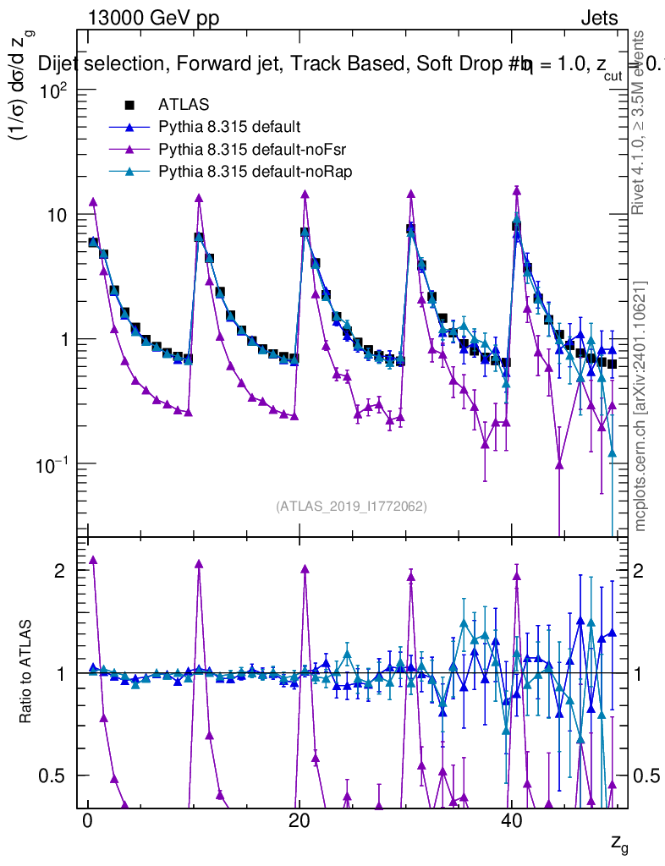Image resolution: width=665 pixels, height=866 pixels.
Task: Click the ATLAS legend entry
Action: (x=182, y=106)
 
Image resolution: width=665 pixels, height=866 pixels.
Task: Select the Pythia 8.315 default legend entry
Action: (x=228, y=128)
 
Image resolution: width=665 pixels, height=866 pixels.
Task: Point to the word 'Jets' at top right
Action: (x=598, y=18)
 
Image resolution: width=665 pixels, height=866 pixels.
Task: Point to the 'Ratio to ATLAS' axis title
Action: (x=27, y=672)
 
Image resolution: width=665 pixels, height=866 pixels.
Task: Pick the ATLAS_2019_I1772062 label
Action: (x=351, y=507)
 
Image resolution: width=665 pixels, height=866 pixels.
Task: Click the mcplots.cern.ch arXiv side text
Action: (x=641, y=406)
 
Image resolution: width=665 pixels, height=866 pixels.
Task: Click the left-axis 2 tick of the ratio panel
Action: (x=60, y=571)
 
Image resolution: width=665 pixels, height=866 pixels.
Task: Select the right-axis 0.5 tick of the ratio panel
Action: (x=646, y=776)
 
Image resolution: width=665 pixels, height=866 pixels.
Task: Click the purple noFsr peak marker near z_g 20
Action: (x=305, y=195)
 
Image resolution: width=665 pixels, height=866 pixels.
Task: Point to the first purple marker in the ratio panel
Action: (x=93, y=560)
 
